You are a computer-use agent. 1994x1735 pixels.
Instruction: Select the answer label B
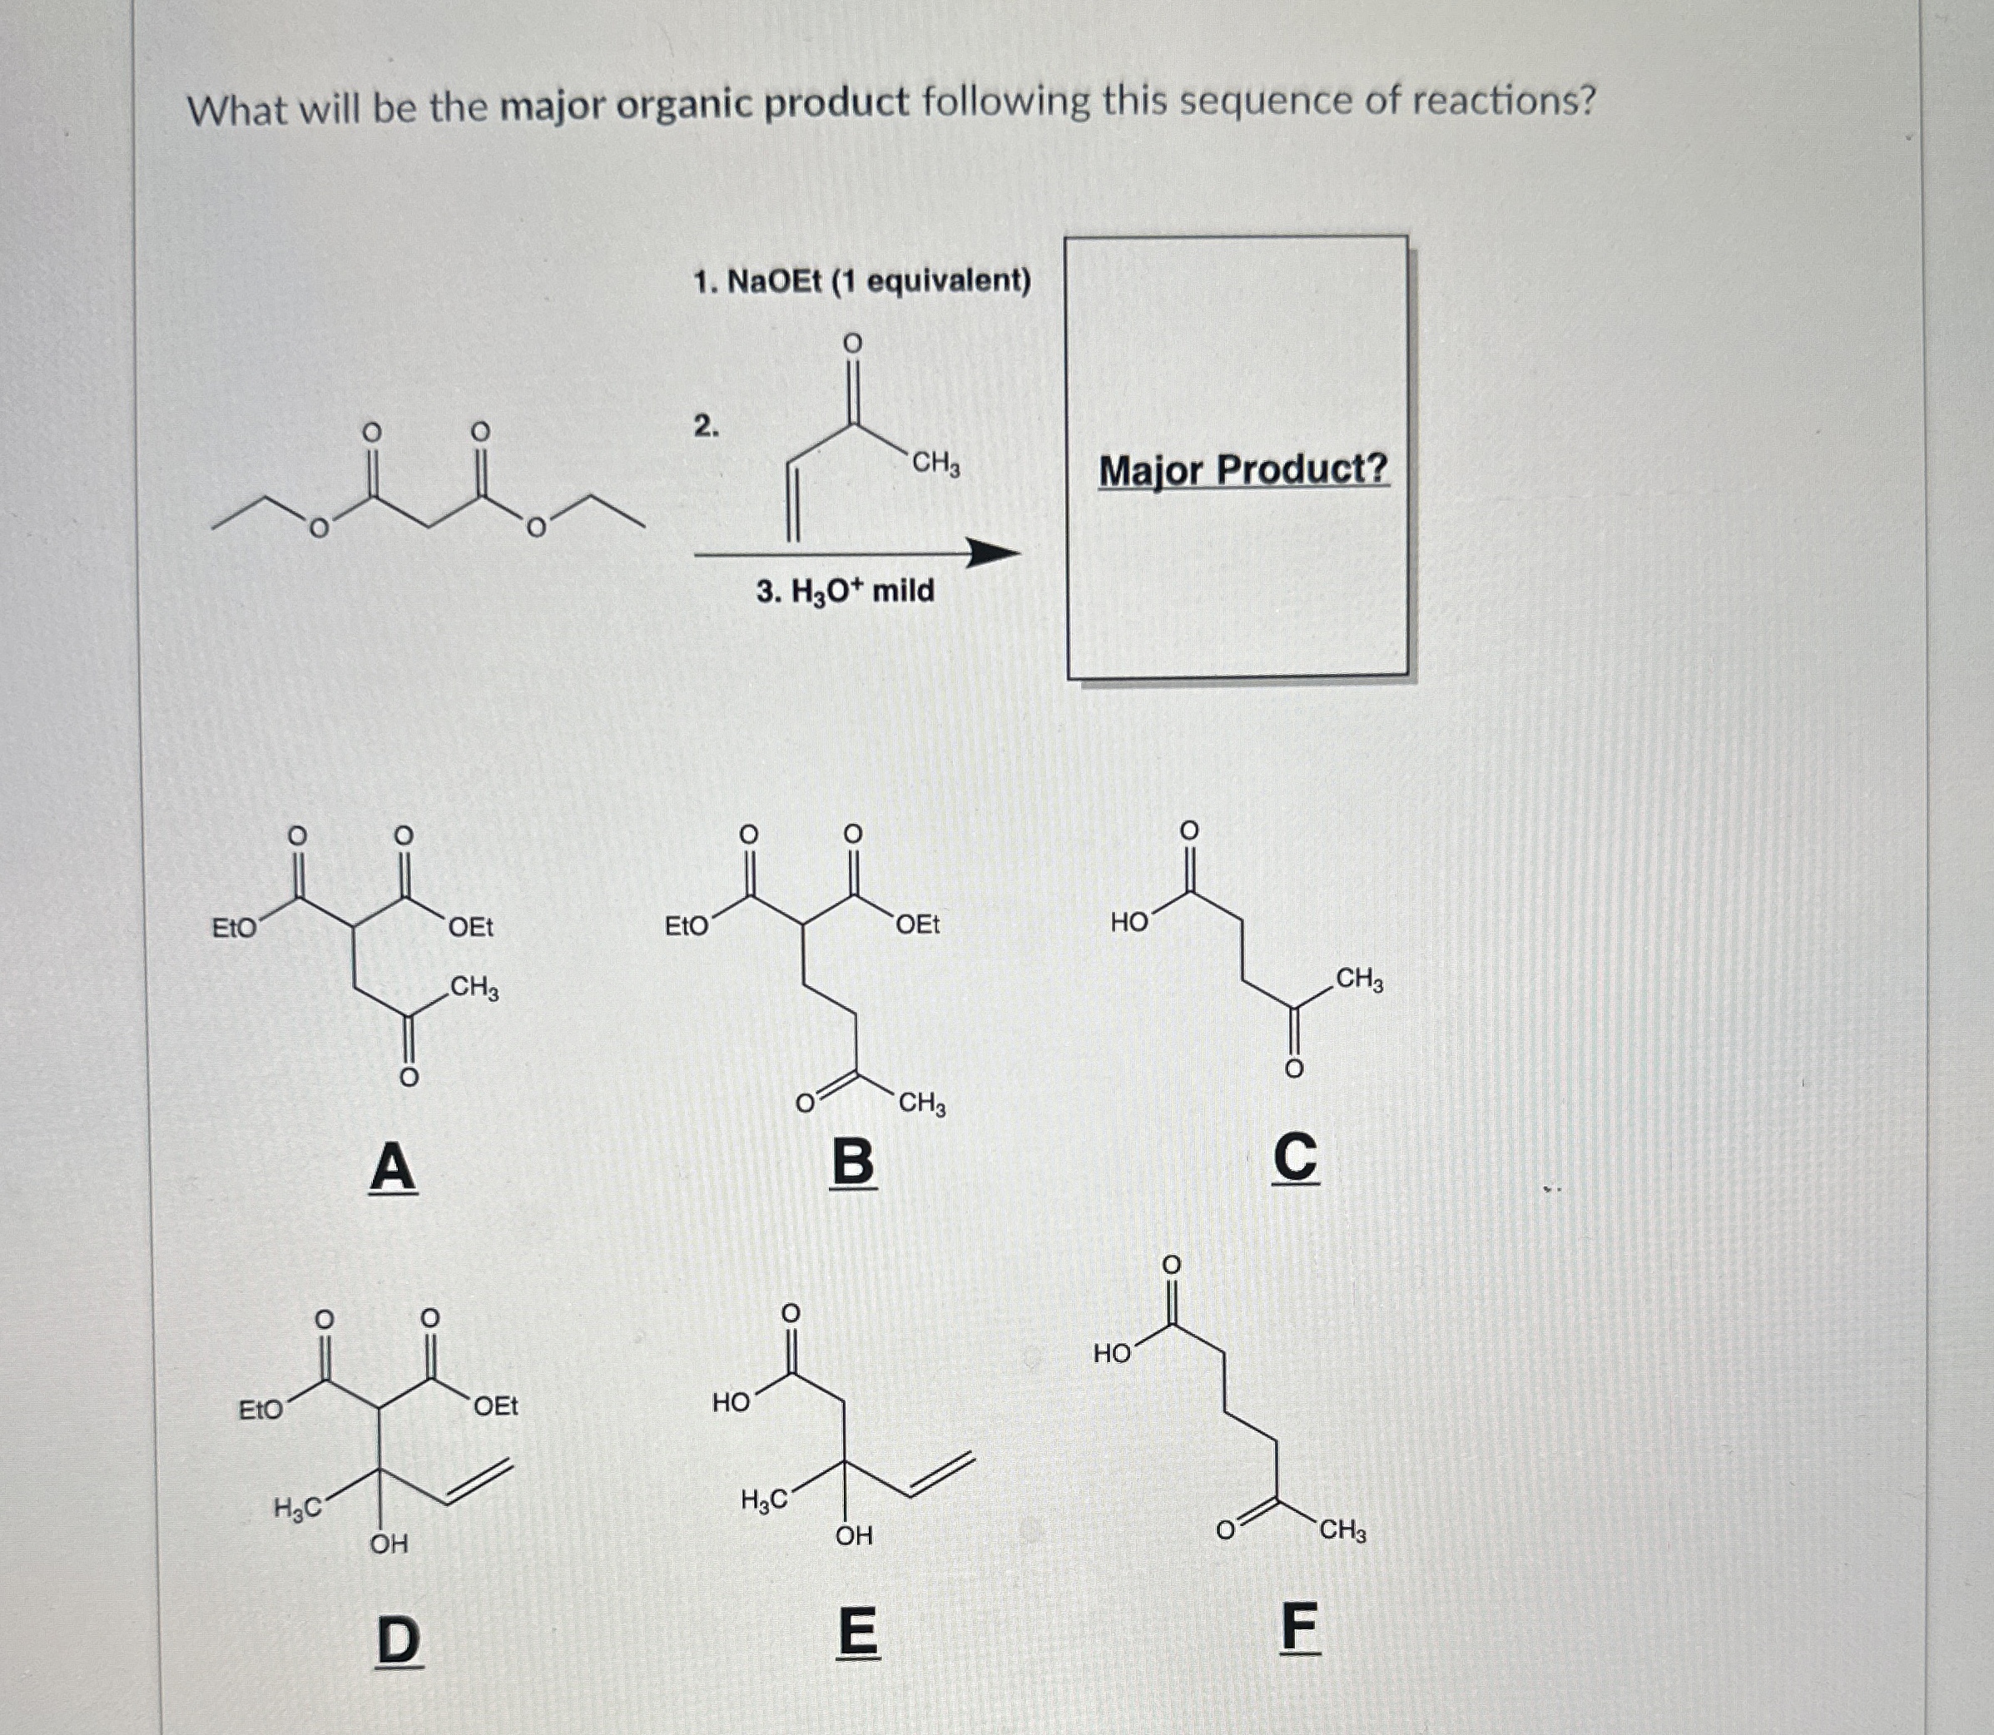[x=853, y=1162]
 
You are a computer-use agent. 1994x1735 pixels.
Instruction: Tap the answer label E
[x=856, y=1633]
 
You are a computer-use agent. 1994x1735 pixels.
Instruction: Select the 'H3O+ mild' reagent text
[x=846, y=591]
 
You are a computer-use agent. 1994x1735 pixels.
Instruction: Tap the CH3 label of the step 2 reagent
[x=935, y=463]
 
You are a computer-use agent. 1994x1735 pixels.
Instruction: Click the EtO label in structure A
[x=235, y=929]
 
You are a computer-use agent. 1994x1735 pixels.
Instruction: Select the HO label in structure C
[x=1129, y=922]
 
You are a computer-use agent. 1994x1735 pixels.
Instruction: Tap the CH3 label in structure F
[x=1342, y=1531]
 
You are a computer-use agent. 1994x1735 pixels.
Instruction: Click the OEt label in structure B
[x=917, y=925]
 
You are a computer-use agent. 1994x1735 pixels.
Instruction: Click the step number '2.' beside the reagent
[x=706, y=425]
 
